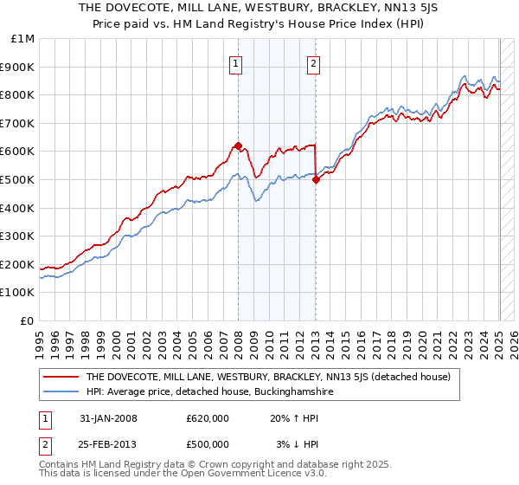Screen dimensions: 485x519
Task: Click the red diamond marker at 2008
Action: (x=237, y=145)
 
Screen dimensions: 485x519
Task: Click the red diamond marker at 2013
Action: (x=316, y=179)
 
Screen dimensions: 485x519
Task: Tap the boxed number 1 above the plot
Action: (x=235, y=62)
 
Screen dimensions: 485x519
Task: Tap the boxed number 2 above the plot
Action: (x=313, y=62)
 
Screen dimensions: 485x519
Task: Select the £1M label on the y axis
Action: (x=23, y=39)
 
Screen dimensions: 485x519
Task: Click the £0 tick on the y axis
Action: (x=28, y=320)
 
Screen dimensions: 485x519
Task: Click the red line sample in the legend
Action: (x=61, y=378)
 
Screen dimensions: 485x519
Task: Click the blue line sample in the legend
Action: (x=61, y=392)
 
